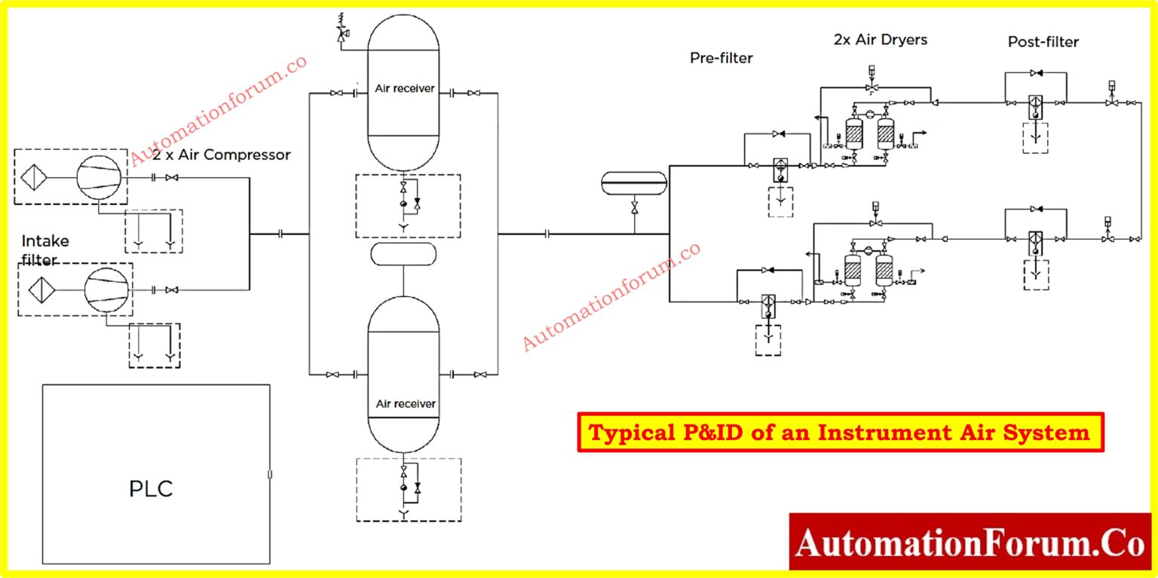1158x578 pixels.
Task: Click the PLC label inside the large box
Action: [151, 488]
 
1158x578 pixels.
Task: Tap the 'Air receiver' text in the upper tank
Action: [404, 88]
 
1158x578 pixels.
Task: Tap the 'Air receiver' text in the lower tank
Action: [405, 404]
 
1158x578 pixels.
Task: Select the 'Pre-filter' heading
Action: [721, 57]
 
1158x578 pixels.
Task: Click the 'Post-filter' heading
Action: [1043, 42]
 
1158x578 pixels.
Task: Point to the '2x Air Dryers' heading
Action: [881, 39]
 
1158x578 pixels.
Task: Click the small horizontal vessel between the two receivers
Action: [403, 254]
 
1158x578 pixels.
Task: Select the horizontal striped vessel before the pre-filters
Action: [634, 182]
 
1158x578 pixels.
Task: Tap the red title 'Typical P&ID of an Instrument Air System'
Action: [839, 433]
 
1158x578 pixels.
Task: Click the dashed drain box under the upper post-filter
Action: [1035, 137]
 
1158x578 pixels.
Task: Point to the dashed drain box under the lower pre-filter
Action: [767, 339]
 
